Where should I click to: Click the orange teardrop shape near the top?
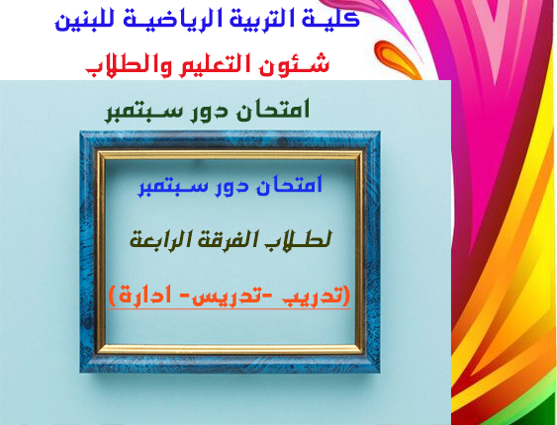tap(395, 57)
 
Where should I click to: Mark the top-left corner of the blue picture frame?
tap(80, 132)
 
